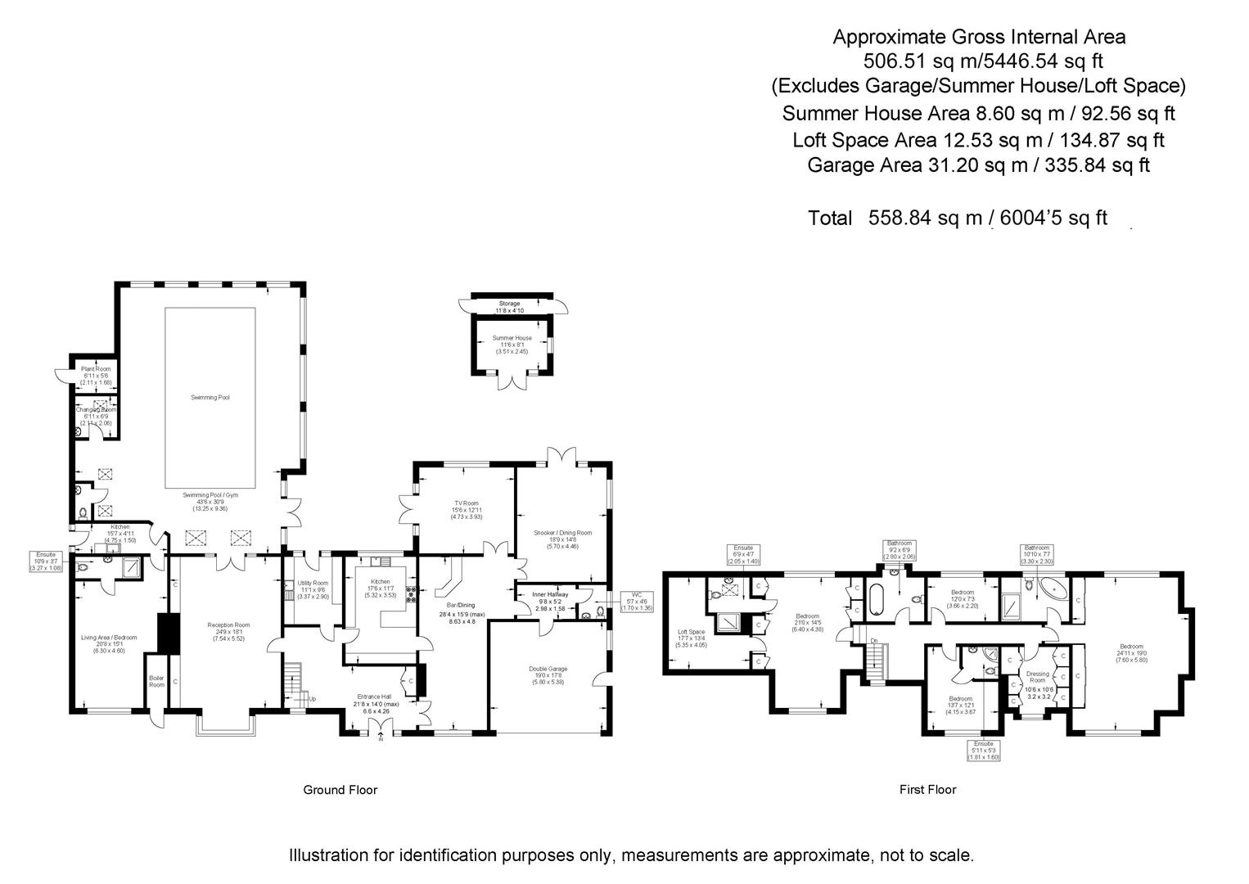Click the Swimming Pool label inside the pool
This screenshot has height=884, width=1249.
tap(210, 397)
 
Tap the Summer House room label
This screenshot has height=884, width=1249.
tap(512, 338)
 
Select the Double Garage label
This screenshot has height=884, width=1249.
tap(548, 669)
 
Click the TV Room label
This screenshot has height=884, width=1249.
tap(466, 503)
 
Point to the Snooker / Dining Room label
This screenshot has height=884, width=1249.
tap(562, 533)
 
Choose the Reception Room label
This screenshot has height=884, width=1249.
tap(228, 625)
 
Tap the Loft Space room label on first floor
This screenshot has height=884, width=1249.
tap(692, 632)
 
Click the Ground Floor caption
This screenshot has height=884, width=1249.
tap(340, 790)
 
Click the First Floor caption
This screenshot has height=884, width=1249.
tap(927, 790)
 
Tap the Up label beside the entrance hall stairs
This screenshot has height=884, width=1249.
tap(311, 699)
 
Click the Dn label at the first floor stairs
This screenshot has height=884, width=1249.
tap(875, 640)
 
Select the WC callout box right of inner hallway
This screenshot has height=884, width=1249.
tap(635, 601)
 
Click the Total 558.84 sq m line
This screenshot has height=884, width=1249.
tap(957, 218)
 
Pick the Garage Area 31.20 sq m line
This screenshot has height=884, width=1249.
tap(977, 165)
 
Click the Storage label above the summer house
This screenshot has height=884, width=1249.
tap(509, 304)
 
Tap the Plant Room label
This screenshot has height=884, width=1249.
tap(96, 369)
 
